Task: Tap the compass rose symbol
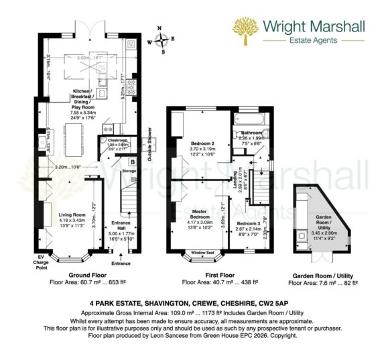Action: pyautogui.click(x=164, y=40)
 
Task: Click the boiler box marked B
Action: pyautogui.click(x=132, y=162)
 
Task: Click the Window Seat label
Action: pyautogui.click(x=202, y=252)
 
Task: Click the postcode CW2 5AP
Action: pyautogui.click(x=283, y=302)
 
